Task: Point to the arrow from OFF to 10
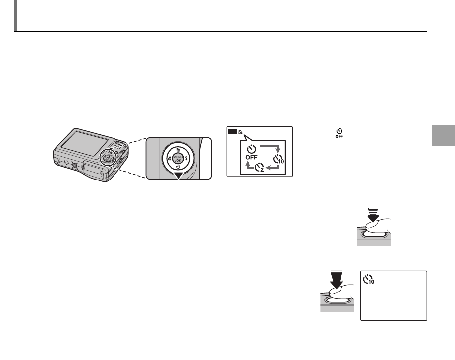point(266,147)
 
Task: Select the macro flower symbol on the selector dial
point(170,160)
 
